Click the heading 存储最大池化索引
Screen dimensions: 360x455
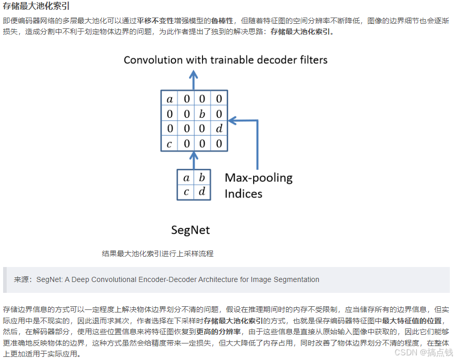point(36,6)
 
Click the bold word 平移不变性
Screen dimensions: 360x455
point(155,21)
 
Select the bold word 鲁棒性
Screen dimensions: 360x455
point(222,21)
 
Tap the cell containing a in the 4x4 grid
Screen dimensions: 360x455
point(169,99)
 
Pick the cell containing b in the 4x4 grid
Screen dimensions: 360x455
point(203,114)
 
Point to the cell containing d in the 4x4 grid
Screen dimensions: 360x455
point(219,129)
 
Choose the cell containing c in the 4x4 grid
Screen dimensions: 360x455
point(169,144)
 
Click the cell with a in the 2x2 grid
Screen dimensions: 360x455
point(186,178)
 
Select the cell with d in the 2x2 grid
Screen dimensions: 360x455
point(202,192)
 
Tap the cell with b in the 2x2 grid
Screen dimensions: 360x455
point(202,178)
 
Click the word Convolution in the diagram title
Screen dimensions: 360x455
point(155,60)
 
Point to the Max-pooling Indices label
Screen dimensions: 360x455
point(258,186)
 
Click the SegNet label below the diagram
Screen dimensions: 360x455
point(191,229)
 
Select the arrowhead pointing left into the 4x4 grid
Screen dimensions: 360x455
point(232,121)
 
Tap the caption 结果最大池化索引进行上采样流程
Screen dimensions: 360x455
point(158,254)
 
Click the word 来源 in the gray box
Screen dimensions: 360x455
point(22,279)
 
